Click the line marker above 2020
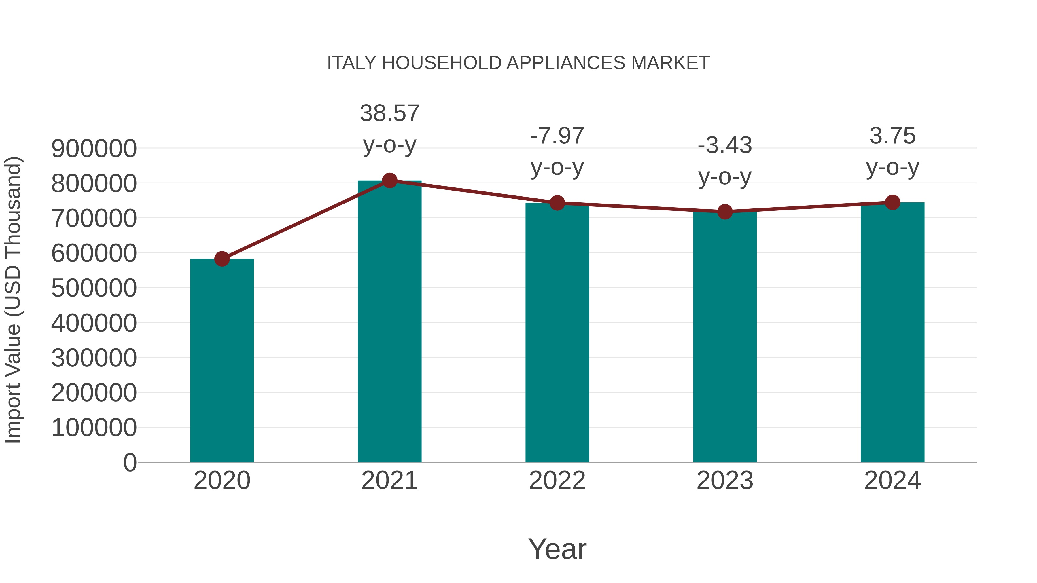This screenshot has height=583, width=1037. (222, 259)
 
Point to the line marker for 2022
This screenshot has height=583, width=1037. (557, 203)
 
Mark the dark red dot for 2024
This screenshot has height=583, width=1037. (892, 202)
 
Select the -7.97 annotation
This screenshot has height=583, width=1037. (557, 136)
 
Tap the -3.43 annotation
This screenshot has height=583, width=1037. (725, 145)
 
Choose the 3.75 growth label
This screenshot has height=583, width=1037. (892, 136)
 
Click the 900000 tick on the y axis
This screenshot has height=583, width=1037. (94, 149)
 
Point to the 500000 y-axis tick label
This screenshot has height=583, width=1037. (94, 288)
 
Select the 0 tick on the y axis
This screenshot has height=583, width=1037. (130, 462)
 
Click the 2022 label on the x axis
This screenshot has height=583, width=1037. (557, 481)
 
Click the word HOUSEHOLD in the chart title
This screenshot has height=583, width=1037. (442, 63)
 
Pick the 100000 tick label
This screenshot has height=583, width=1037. (94, 427)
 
